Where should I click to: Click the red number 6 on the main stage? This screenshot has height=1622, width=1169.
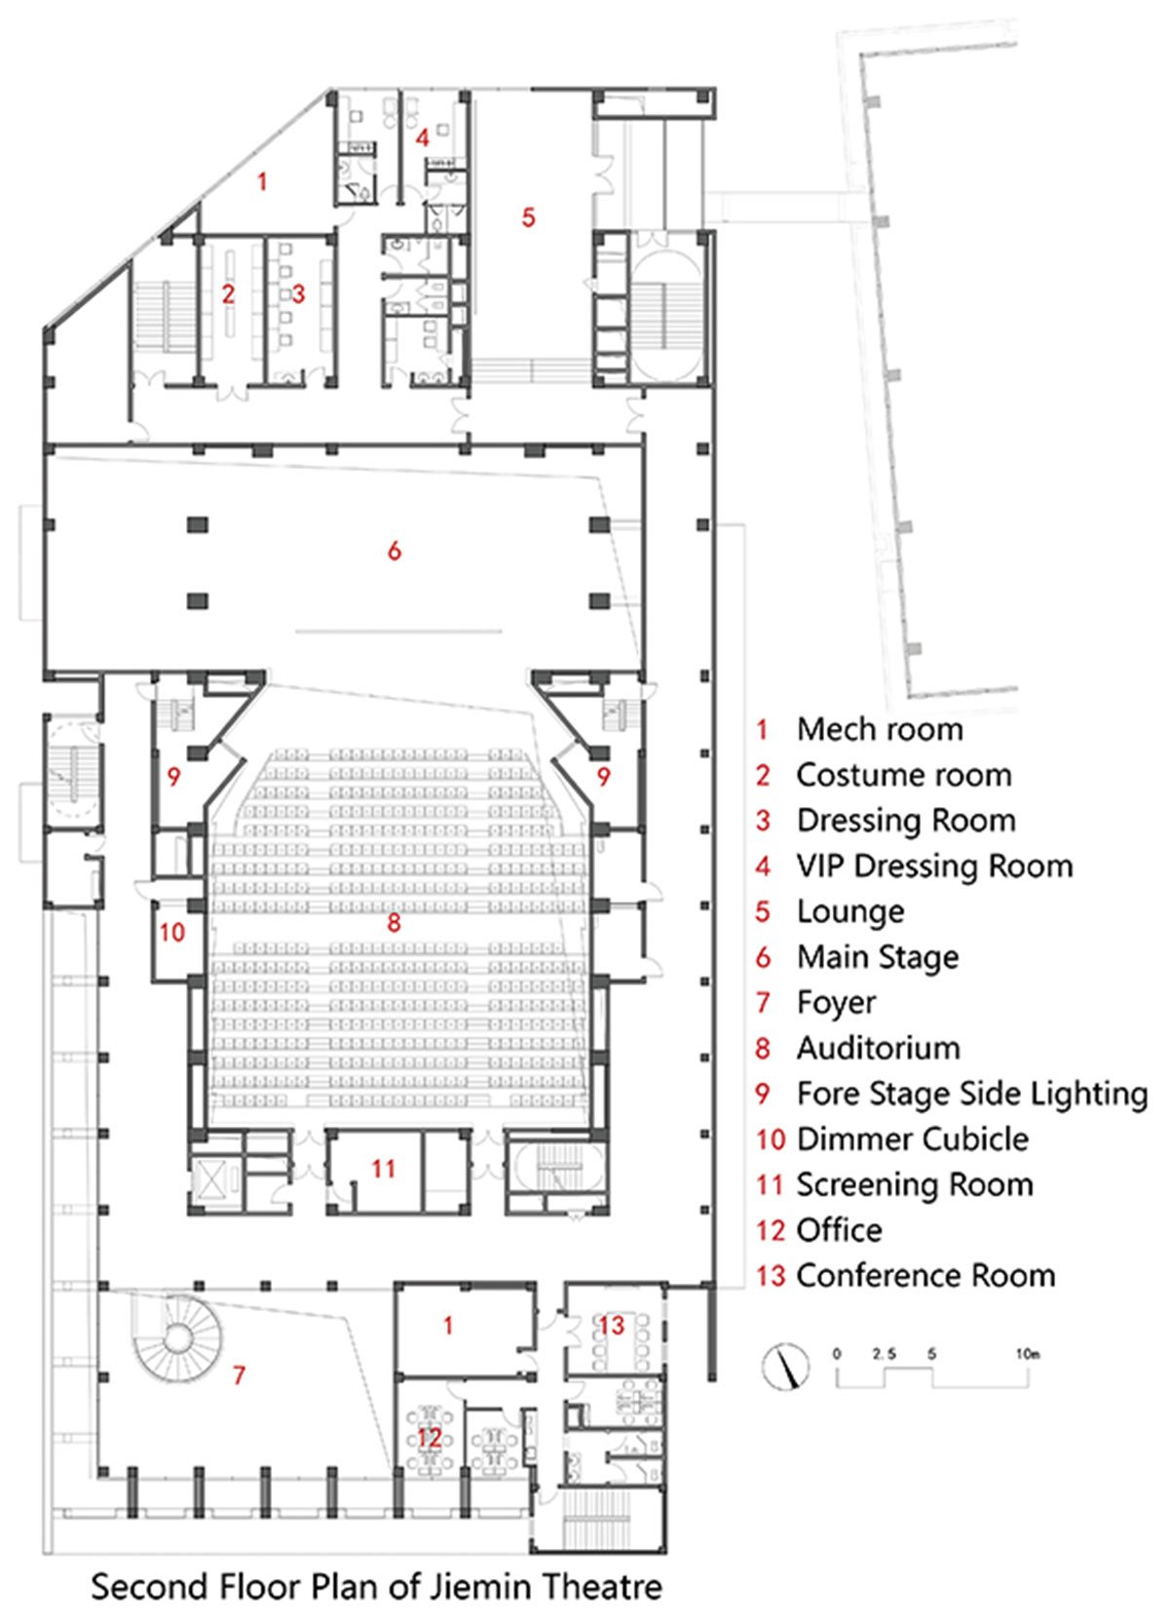pos(394,552)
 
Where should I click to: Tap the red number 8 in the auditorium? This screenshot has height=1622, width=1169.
pos(394,922)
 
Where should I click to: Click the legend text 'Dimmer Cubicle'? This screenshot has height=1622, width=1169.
pos(912,1139)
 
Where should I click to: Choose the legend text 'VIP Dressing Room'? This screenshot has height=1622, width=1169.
pos(934,866)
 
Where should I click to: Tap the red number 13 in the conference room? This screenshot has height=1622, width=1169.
pos(611,1325)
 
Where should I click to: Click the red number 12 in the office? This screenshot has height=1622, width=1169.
pos(430,1437)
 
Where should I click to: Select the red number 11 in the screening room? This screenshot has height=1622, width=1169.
pos(384,1168)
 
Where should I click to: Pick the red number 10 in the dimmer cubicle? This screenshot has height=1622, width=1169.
pos(171,932)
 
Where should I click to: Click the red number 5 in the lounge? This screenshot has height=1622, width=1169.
pos(528,216)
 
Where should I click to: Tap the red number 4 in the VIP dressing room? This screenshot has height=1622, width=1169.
pos(422,137)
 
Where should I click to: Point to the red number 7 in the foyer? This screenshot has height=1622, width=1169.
pos(239,1375)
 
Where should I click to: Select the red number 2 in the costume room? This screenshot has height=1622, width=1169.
pos(228,293)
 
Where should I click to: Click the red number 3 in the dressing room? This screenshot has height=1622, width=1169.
pos(298,293)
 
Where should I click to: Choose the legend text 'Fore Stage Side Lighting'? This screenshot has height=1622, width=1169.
pos(971,1093)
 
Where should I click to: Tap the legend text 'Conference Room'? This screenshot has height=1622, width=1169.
pos(925,1275)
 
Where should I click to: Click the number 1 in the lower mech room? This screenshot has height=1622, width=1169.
pos(448,1326)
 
